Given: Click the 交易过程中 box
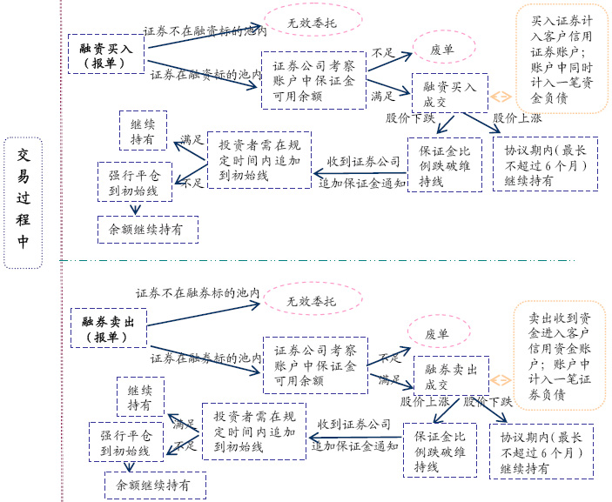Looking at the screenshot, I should (23, 202).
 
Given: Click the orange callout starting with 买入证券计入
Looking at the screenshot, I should (562, 58).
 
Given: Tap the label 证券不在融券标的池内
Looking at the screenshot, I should (198, 293).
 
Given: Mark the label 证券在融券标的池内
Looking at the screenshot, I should (205, 358).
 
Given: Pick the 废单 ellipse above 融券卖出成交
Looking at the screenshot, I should (438, 333).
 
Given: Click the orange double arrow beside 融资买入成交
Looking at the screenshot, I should (501, 97).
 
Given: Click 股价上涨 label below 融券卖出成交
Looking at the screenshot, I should (425, 402).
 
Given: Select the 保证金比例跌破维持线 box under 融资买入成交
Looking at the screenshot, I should (444, 164).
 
